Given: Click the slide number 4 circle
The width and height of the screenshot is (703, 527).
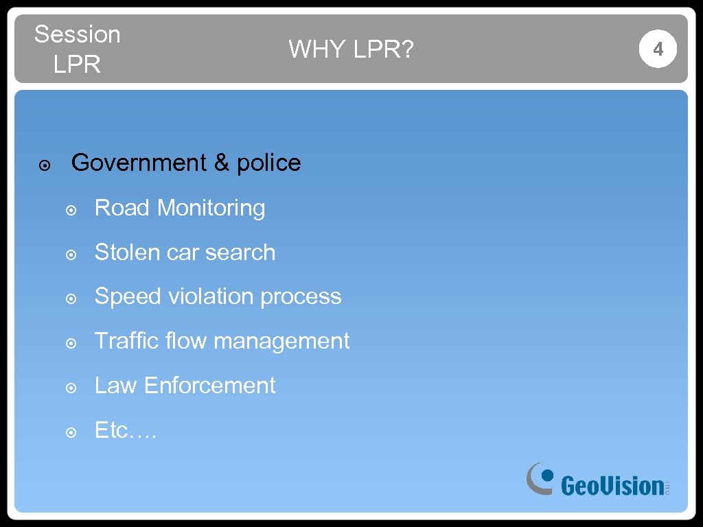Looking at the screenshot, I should [x=658, y=49].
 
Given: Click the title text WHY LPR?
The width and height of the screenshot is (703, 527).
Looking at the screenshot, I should [x=351, y=49].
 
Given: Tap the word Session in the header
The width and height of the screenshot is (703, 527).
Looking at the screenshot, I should [x=77, y=34].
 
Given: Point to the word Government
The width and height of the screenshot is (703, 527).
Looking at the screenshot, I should [x=139, y=163].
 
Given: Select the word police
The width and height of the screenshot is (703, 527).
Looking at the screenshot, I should [x=268, y=163].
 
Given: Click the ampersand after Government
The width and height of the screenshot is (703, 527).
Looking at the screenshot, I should [x=221, y=163].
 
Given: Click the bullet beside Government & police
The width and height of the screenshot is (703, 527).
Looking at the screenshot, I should [x=43, y=165].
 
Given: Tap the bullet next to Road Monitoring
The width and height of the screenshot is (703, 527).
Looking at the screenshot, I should [x=71, y=210].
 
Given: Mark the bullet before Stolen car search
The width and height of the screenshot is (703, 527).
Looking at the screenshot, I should [x=71, y=255].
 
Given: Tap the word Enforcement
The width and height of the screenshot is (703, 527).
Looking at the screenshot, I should [x=209, y=386].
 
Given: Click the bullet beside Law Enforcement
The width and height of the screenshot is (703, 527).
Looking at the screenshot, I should [x=71, y=388].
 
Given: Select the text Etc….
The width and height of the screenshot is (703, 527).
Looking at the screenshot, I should [x=126, y=430].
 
